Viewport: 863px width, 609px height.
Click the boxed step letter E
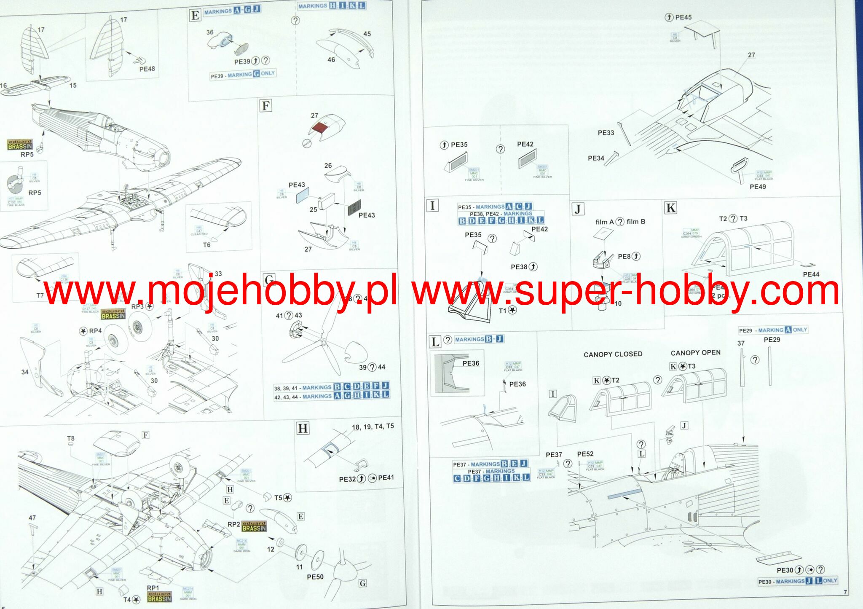coord(195,16)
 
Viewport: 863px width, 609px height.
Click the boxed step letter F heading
coord(265,105)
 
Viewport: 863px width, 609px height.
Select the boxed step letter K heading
coord(670,208)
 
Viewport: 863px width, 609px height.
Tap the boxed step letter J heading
coord(578,209)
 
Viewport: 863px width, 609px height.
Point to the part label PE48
coord(147,69)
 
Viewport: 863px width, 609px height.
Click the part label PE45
coord(683,17)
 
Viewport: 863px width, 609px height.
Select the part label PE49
coord(758,187)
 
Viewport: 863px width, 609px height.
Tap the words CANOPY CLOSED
coord(613,354)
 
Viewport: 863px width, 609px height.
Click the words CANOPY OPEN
coord(695,353)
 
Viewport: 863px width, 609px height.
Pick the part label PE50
coord(315,577)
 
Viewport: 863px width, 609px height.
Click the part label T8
coord(71,439)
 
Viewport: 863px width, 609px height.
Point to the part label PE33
coord(606,133)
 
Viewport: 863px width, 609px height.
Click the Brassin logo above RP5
coord(20,145)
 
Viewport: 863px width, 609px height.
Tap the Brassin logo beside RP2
coord(254,526)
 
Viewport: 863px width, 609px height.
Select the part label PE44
coord(811,274)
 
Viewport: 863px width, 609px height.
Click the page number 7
coord(845,592)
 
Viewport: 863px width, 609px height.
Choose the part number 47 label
coord(32,518)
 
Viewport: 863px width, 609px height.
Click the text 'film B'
coord(635,222)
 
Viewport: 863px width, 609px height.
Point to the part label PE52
coord(585,454)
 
